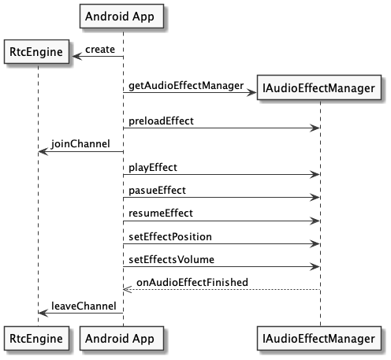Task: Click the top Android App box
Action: (121, 16)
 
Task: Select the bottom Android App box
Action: (121, 338)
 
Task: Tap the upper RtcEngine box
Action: (36, 52)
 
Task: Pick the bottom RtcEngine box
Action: (36, 338)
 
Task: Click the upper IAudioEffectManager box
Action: (319, 87)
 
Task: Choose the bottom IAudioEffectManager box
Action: (319, 338)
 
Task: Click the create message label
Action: (100, 50)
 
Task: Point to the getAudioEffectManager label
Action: (186, 86)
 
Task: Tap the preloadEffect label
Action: (161, 121)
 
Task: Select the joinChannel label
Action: (80, 144)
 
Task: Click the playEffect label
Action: (153, 168)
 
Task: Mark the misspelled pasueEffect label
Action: (157, 191)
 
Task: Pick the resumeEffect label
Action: (161, 213)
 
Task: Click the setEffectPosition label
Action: (170, 237)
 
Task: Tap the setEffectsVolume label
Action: (171, 260)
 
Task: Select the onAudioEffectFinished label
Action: (192, 282)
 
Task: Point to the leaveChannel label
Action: (84, 306)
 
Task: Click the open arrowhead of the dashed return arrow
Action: (127, 290)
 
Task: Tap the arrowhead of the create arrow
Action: (77, 56)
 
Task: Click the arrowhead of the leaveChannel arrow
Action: (43, 313)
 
